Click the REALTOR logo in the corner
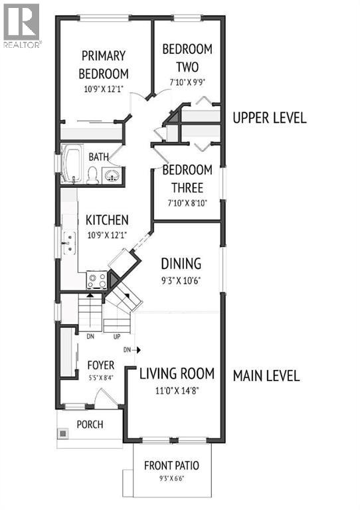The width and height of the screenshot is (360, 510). coord(21,25)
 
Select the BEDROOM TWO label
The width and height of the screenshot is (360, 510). coord(187,58)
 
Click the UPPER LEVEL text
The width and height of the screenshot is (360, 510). coord(269,118)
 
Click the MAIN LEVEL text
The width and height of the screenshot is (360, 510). coord(266,375)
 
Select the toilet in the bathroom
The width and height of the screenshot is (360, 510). coord(93,175)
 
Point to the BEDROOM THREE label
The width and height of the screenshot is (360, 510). coord(187,179)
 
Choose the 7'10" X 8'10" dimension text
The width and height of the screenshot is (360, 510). coord(187,203)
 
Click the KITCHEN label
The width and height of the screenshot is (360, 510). coord(107,220)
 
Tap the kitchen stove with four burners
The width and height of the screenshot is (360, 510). coord(97,282)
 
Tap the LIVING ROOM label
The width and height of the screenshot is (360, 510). coord(179,373)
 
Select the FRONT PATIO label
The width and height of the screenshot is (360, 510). coord(171,466)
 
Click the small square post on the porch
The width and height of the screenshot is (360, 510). coord(64,434)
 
